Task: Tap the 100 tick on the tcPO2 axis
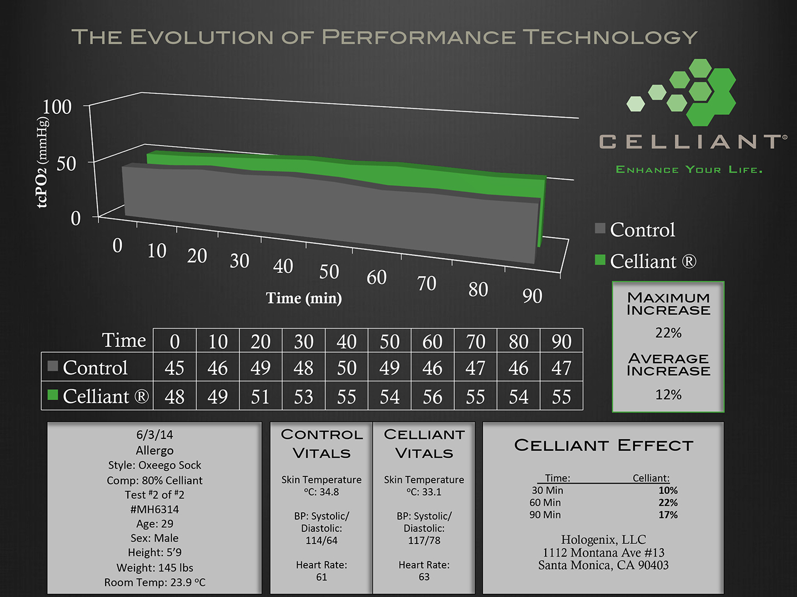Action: [x=58, y=107]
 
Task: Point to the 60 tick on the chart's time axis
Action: [x=376, y=277]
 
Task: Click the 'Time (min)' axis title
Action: [x=304, y=298]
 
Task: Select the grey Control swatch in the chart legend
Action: [x=600, y=228]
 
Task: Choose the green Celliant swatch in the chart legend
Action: [x=600, y=260]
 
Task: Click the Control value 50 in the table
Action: [x=346, y=368]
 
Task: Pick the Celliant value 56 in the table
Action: [x=432, y=397]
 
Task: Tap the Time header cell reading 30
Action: [x=303, y=342]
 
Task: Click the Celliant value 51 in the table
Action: [x=260, y=397]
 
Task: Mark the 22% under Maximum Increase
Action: [x=668, y=333]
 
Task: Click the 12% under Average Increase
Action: [x=668, y=395]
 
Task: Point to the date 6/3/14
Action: [x=154, y=435]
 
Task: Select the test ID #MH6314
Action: [x=154, y=509]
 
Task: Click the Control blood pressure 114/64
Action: [x=322, y=541]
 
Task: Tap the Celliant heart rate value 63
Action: [x=424, y=577]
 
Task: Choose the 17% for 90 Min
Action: [x=668, y=515]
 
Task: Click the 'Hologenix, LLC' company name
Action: [x=603, y=540]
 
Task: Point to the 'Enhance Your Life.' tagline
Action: [x=689, y=170]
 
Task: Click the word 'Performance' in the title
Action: [x=418, y=37]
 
